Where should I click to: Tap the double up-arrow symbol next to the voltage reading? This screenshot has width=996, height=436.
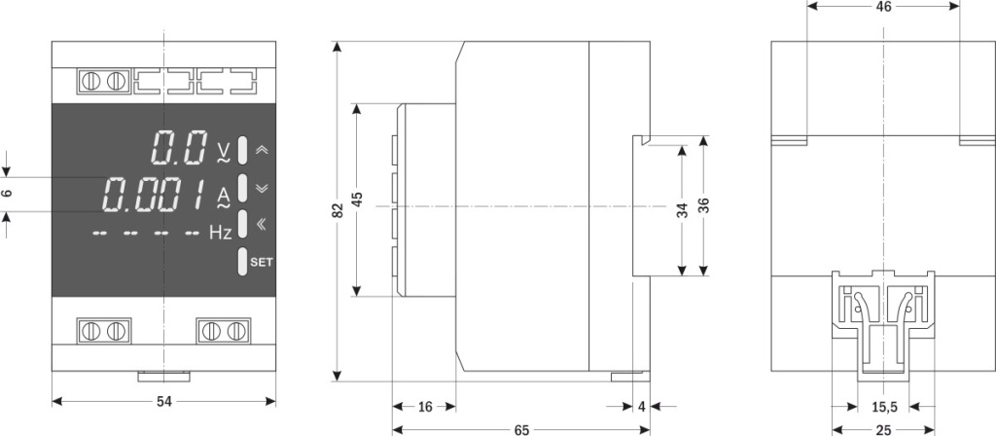(x=261, y=151)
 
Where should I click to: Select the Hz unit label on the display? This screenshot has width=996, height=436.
(x=221, y=234)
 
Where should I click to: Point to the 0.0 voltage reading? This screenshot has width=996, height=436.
(x=179, y=148)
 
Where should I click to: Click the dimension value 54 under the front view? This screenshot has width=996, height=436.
(x=165, y=401)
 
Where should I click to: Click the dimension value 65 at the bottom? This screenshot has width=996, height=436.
(x=522, y=429)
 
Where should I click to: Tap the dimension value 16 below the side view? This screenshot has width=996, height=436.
(x=425, y=407)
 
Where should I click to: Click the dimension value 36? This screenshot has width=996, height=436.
(x=703, y=205)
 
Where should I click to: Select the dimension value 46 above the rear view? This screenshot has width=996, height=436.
(x=883, y=7)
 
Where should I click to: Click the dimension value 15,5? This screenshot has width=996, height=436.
(x=883, y=407)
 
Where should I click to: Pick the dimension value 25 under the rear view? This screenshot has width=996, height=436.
(x=883, y=429)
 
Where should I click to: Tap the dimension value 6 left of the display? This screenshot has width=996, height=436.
(x=8, y=194)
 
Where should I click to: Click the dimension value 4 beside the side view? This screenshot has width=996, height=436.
(x=643, y=407)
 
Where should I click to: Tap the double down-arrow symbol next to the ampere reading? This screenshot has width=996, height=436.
(x=261, y=187)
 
